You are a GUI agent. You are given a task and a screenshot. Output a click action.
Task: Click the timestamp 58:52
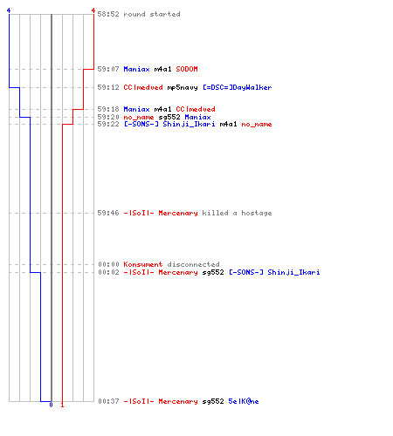point(108,14)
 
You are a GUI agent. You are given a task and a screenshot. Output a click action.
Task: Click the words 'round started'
point(152,14)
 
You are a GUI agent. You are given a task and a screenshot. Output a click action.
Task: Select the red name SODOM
point(187,69)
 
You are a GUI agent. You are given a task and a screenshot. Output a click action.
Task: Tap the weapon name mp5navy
point(183,87)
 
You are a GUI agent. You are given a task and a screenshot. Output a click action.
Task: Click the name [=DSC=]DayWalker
point(238,87)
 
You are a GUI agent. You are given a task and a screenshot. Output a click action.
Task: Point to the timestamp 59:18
point(108,109)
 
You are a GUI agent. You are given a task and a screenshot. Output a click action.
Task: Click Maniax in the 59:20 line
point(197,117)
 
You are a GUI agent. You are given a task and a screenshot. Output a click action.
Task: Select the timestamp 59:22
point(108,124)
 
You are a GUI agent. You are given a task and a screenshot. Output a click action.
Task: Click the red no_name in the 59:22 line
point(257,125)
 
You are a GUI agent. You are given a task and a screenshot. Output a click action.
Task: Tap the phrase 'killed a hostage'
point(237,213)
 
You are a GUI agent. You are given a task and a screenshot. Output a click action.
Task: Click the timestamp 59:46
point(108,213)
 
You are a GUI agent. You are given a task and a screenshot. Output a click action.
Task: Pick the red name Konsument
point(143,264)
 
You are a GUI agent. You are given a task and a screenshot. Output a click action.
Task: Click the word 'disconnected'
point(193,264)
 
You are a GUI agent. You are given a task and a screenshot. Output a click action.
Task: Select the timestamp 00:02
point(108,272)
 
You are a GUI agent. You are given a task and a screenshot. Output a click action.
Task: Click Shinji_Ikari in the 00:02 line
point(293,272)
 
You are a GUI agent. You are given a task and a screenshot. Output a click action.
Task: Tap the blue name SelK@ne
point(244,401)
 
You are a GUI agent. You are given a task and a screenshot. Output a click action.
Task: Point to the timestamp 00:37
point(108,401)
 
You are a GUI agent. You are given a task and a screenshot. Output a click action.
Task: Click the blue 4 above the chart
point(9,10)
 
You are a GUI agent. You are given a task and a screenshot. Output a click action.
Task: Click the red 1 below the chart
point(62,405)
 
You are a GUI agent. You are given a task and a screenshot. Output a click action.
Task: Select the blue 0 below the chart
point(51,405)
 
